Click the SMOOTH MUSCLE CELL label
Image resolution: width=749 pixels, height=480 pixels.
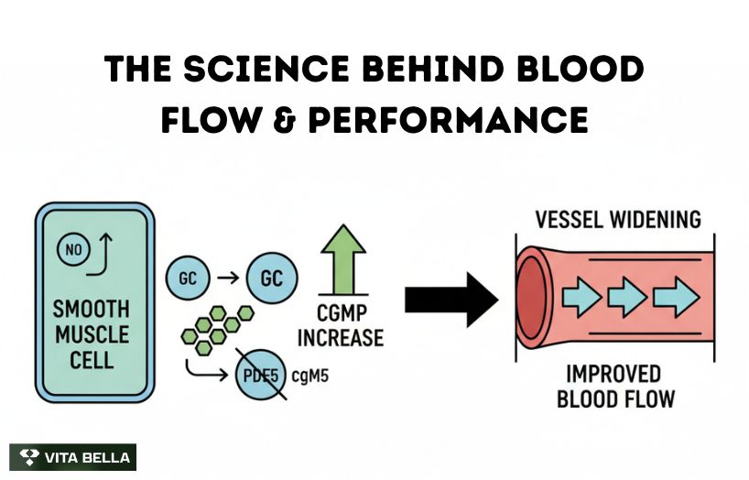[92, 333]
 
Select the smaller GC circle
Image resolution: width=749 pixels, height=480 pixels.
[188, 278]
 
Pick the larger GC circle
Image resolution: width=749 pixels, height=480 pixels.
[272, 278]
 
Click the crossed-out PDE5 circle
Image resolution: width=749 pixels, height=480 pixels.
[262, 375]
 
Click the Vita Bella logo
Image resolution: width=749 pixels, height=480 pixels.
[72, 457]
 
